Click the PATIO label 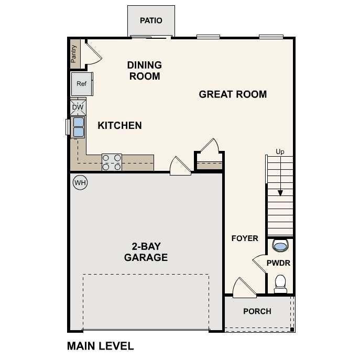pyautogui.click(x=151, y=21)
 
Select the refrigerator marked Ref pyautogui.click(x=81, y=84)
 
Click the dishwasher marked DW pyautogui.click(x=78, y=107)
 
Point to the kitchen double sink pyautogui.click(x=78, y=127)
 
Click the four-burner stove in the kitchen pyautogui.click(x=111, y=162)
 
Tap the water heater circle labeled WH pyautogui.click(x=80, y=183)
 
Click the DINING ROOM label pyautogui.click(x=144, y=71)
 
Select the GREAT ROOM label pyautogui.click(x=233, y=94)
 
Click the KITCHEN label pyautogui.click(x=119, y=126)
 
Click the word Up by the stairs pyautogui.click(x=280, y=152)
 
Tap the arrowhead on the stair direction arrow pyautogui.click(x=280, y=193)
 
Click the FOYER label pyautogui.click(x=245, y=238)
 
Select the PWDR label pyautogui.click(x=278, y=263)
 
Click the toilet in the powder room pyautogui.click(x=280, y=283)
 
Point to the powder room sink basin pyautogui.click(x=280, y=245)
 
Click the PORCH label pyautogui.click(x=257, y=311)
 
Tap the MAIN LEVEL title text pyautogui.click(x=101, y=346)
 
